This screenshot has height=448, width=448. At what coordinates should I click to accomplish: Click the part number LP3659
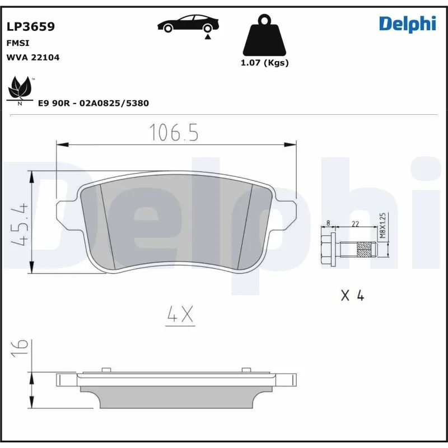click(x=30, y=26)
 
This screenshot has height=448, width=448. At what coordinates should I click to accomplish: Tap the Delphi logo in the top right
click(x=407, y=24)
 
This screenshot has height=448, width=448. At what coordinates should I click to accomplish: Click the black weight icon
click(x=264, y=35)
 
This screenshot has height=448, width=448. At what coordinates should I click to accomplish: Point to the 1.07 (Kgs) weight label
click(x=264, y=63)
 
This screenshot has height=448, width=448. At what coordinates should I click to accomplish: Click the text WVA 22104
click(x=32, y=57)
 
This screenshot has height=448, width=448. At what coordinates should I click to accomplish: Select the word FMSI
click(x=17, y=43)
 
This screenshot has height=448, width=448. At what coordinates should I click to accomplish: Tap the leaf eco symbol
click(x=20, y=90)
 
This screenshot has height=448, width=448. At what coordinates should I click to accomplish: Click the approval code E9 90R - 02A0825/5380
click(x=93, y=104)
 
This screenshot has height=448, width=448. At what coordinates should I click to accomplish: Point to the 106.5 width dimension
click(x=174, y=133)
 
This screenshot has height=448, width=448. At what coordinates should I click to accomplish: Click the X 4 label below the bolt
click(x=352, y=296)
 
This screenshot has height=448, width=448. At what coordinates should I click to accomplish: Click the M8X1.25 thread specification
click(x=383, y=226)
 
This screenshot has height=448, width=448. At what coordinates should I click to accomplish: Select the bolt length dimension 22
click(x=355, y=223)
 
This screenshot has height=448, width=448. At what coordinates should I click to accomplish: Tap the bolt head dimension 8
click(x=329, y=223)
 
